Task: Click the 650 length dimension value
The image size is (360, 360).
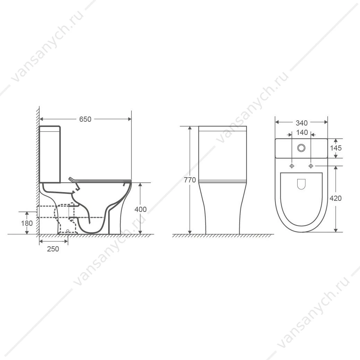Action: pos(85,119)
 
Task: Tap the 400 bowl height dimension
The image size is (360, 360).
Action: pos(140,209)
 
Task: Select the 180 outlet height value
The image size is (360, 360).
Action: pos(27,223)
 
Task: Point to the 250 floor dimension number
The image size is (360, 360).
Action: pos(53,249)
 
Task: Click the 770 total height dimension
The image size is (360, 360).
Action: pos(190,180)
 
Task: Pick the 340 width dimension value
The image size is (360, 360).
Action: pos(301,123)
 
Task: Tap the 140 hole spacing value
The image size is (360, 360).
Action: pos(302,132)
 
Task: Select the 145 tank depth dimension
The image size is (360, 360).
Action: pos(336,148)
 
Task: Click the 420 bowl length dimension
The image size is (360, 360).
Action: pos(336,198)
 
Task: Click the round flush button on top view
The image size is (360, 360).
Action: pos(301,148)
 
